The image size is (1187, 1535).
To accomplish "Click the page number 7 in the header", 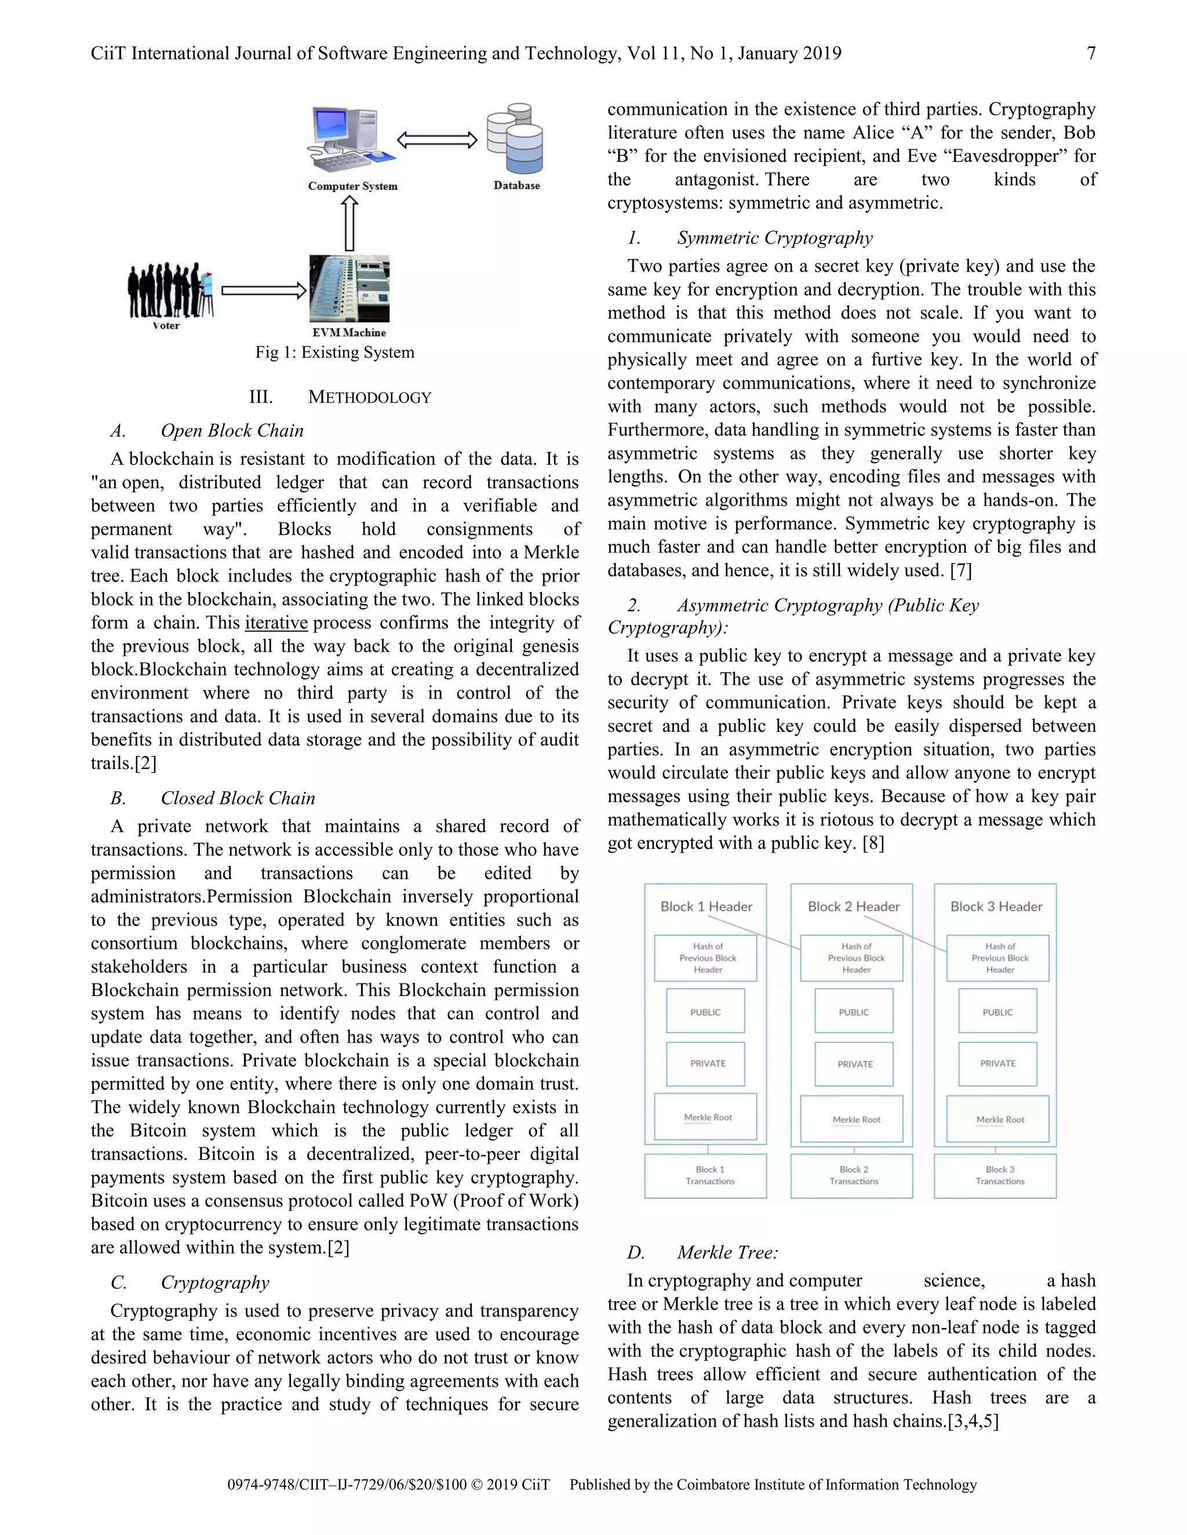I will [1091, 53].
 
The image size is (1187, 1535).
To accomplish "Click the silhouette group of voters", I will [169, 290].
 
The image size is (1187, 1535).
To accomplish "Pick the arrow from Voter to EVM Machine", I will [264, 290].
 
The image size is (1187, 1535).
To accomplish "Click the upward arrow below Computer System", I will [349, 223].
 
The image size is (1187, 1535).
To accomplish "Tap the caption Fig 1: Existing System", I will [335, 352].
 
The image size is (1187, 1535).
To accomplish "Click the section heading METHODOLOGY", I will [369, 397].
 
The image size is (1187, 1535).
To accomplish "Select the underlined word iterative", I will [276, 623].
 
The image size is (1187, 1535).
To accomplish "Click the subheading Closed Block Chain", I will [238, 798].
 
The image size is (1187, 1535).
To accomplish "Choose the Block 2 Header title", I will [853, 906].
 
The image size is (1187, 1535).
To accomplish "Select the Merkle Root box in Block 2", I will [856, 1119].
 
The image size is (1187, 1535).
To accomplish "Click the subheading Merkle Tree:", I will [727, 1252].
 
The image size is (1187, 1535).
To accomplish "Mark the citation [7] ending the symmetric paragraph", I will [960, 571].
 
